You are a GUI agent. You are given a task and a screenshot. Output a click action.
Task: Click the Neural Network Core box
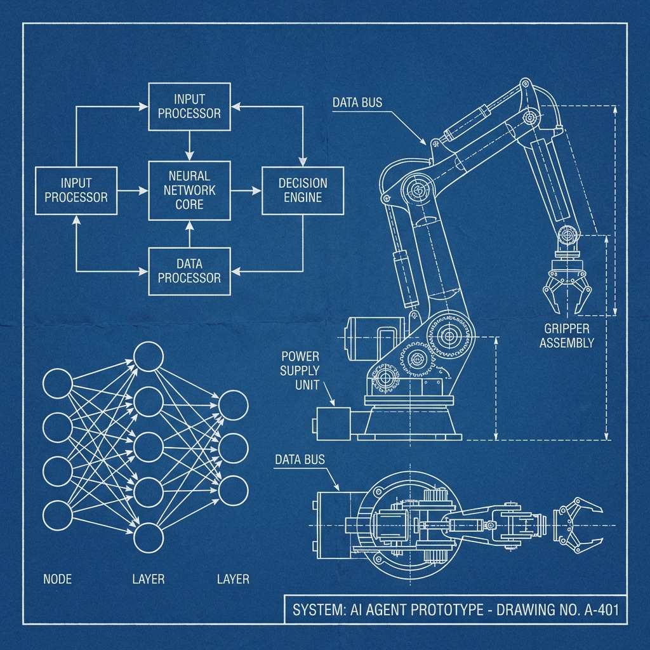(x=189, y=190)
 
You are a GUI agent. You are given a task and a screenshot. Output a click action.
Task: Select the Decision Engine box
(x=303, y=190)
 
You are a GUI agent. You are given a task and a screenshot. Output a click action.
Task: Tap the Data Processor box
(x=189, y=271)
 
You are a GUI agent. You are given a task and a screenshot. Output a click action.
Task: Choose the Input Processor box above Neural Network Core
(x=189, y=106)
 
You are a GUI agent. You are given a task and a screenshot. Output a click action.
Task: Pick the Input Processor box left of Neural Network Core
(x=76, y=190)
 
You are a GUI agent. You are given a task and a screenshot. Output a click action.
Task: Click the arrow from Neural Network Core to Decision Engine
(x=246, y=190)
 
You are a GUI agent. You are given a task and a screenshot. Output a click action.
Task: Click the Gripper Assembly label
(x=567, y=336)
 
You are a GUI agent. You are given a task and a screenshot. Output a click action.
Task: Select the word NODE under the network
(x=57, y=579)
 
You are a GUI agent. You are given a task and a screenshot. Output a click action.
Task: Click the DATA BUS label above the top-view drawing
(x=300, y=459)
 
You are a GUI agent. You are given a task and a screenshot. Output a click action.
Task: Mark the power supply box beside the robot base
(x=335, y=423)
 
